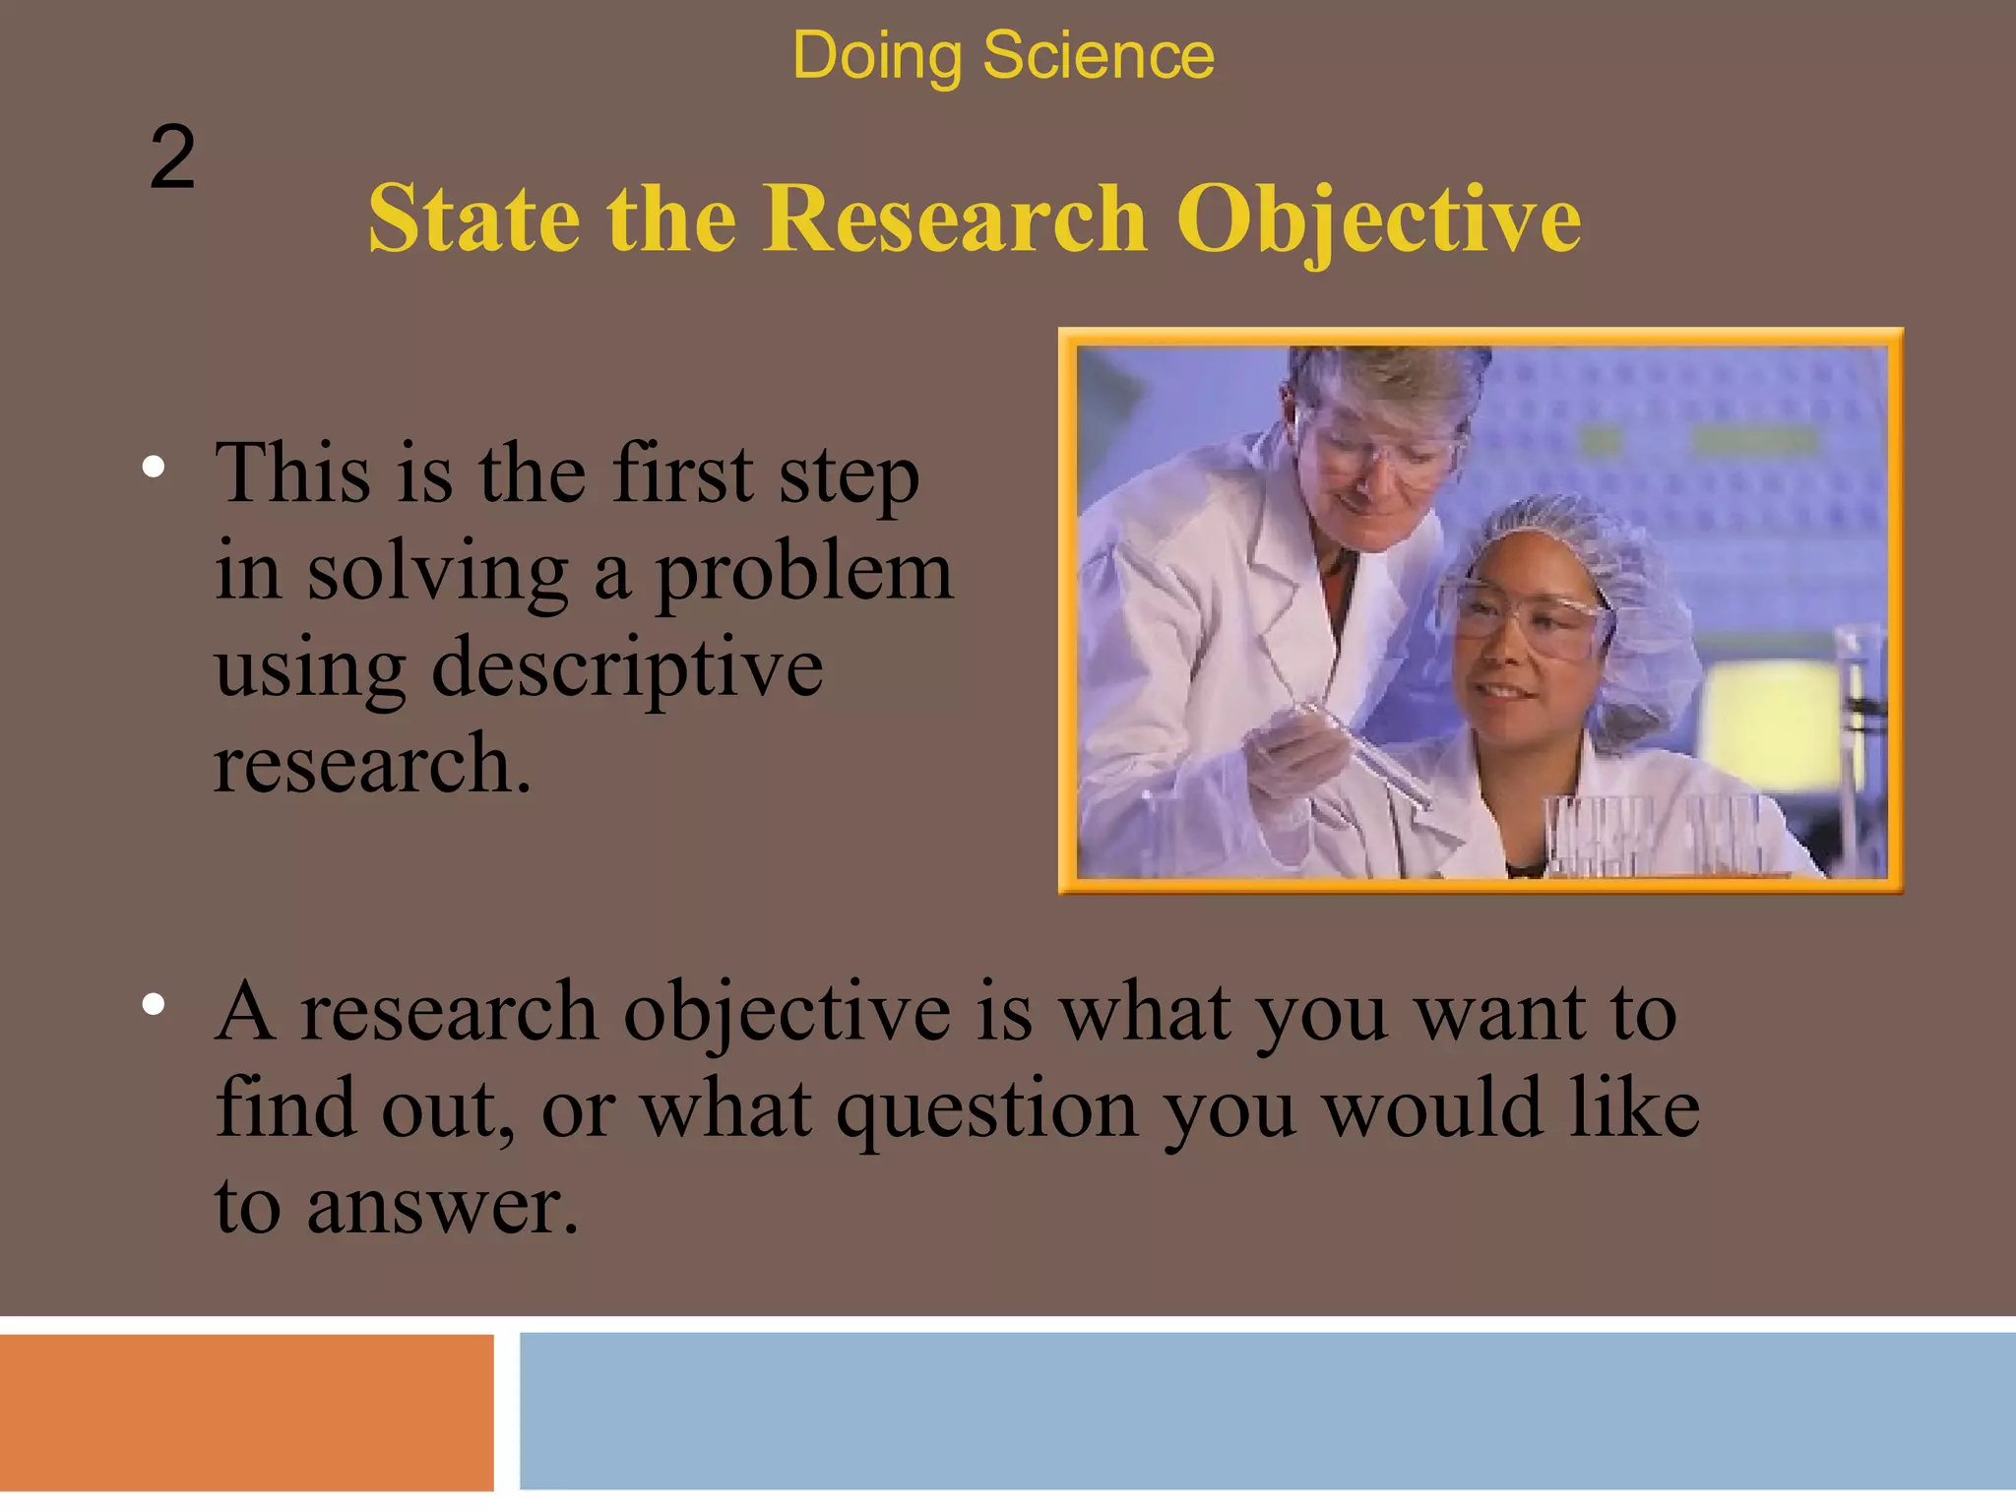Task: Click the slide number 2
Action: pyautogui.click(x=172, y=157)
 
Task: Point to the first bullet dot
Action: pyautogui.click(x=153, y=467)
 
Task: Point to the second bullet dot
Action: pyautogui.click(x=153, y=1004)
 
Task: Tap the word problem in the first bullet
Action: pyautogui.click(x=804, y=573)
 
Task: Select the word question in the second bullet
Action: pyautogui.click(x=987, y=1109)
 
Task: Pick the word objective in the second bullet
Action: pyautogui.click(x=787, y=1014)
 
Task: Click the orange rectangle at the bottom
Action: pyautogui.click(x=246, y=1413)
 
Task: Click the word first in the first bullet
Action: pyautogui.click(x=682, y=475)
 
